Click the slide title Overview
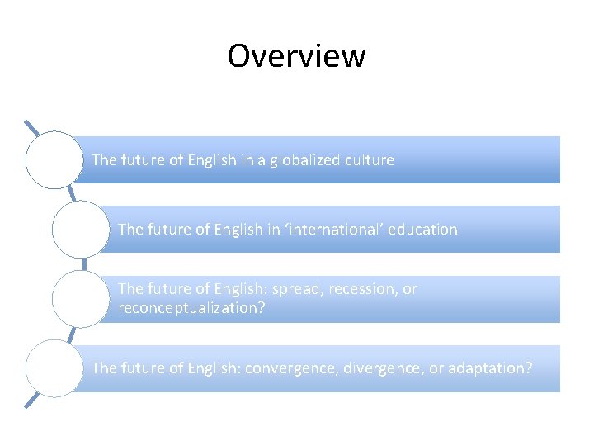pyautogui.click(x=296, y=56)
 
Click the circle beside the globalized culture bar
pyautogui.click(x=54, y=159)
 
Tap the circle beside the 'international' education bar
pyautogui.click(x=80, y=229)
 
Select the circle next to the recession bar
pyautogui.click(x=80, y=298)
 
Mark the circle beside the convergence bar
pyautogui.click(x=54, y=368)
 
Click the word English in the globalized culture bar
pyautogui.click(x=213, y=159)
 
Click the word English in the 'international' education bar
pyautogui.click(x=239, y=229)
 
